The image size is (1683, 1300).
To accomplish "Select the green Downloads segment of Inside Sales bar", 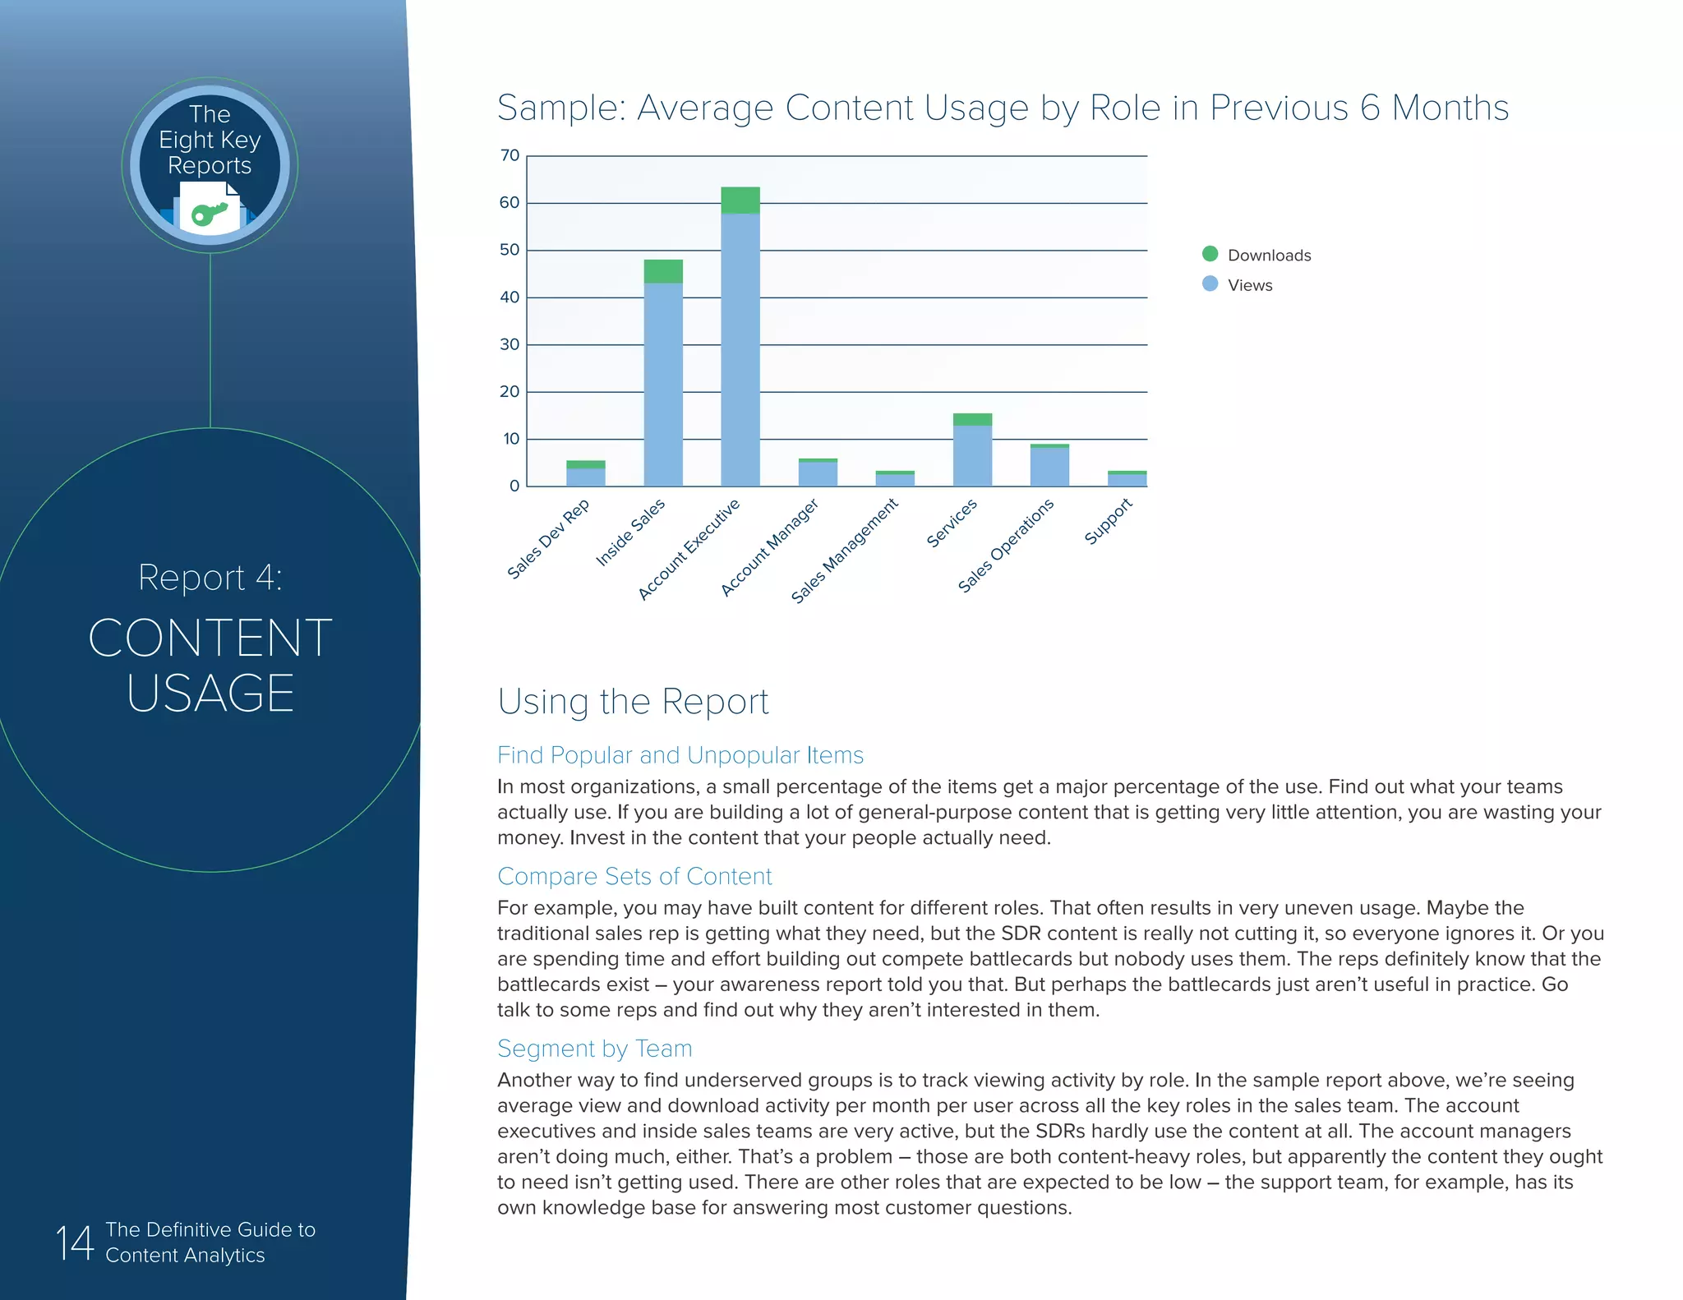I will coord(662,271).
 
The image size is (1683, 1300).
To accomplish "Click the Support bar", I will coord(1127,479).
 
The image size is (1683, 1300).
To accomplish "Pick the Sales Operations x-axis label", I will coord(1006,546).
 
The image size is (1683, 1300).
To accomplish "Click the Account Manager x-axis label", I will coord(770,546).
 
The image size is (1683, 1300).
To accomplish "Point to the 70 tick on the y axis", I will coord(510,155).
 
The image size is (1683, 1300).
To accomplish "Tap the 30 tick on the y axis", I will coord(510,344).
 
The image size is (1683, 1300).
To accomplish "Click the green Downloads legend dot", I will coord(1210,254).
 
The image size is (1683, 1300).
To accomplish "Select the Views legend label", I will coord(1250,285).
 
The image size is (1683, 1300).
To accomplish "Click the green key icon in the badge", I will coord(209,214).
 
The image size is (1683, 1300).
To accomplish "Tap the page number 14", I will coord(74,1242).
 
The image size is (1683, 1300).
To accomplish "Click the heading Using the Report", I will coord(633,702).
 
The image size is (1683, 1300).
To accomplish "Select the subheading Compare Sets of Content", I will coord(634,876).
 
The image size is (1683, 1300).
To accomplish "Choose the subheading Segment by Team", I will coord(594,1049).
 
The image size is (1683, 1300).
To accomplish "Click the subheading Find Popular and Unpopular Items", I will coord(680,755).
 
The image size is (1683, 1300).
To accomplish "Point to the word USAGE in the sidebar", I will coord(210,693).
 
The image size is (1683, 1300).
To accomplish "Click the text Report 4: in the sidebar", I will coord(210,577).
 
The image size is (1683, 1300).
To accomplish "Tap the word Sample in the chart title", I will coord(562,108).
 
